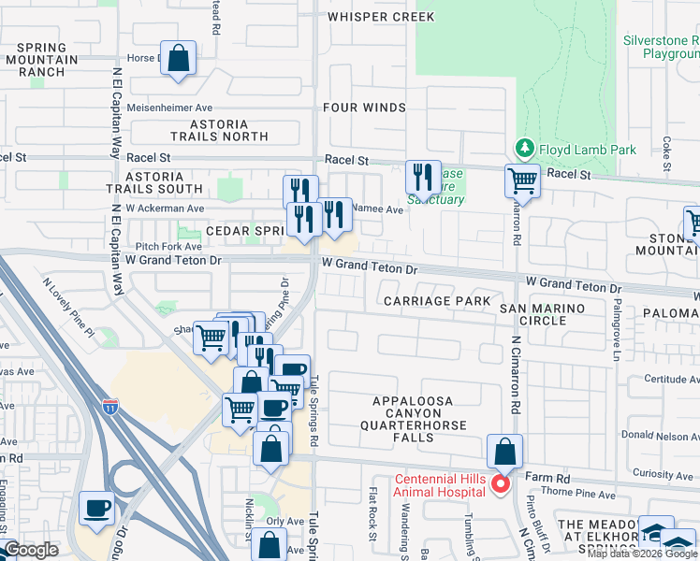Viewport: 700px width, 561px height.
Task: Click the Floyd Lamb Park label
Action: tap(586, 150)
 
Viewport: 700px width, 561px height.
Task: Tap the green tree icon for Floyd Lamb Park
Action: tap(524, 149)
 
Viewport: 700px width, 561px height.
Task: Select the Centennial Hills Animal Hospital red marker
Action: tap(500, 483)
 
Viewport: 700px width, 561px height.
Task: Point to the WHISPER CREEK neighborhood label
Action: tap(381, 17)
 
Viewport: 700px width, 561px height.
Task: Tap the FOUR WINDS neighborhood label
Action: tap(364, 108)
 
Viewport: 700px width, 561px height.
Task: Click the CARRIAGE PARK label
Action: tap(437, 301)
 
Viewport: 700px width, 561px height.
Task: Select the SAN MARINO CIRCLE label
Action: tap(542, 314)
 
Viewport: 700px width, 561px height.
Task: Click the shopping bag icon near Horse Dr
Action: tap(178, 58)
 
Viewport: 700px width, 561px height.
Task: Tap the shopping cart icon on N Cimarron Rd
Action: tap(522, 180)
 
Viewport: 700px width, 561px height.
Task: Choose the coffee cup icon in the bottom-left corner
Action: tap(97, 508)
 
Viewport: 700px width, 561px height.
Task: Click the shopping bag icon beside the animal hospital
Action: tap(504, 451)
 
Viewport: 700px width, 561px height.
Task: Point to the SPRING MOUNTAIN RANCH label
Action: tap(40, 59)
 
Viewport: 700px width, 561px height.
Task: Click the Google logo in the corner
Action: tap(31, 550)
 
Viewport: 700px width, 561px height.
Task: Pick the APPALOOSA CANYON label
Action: tap(413, 401)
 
